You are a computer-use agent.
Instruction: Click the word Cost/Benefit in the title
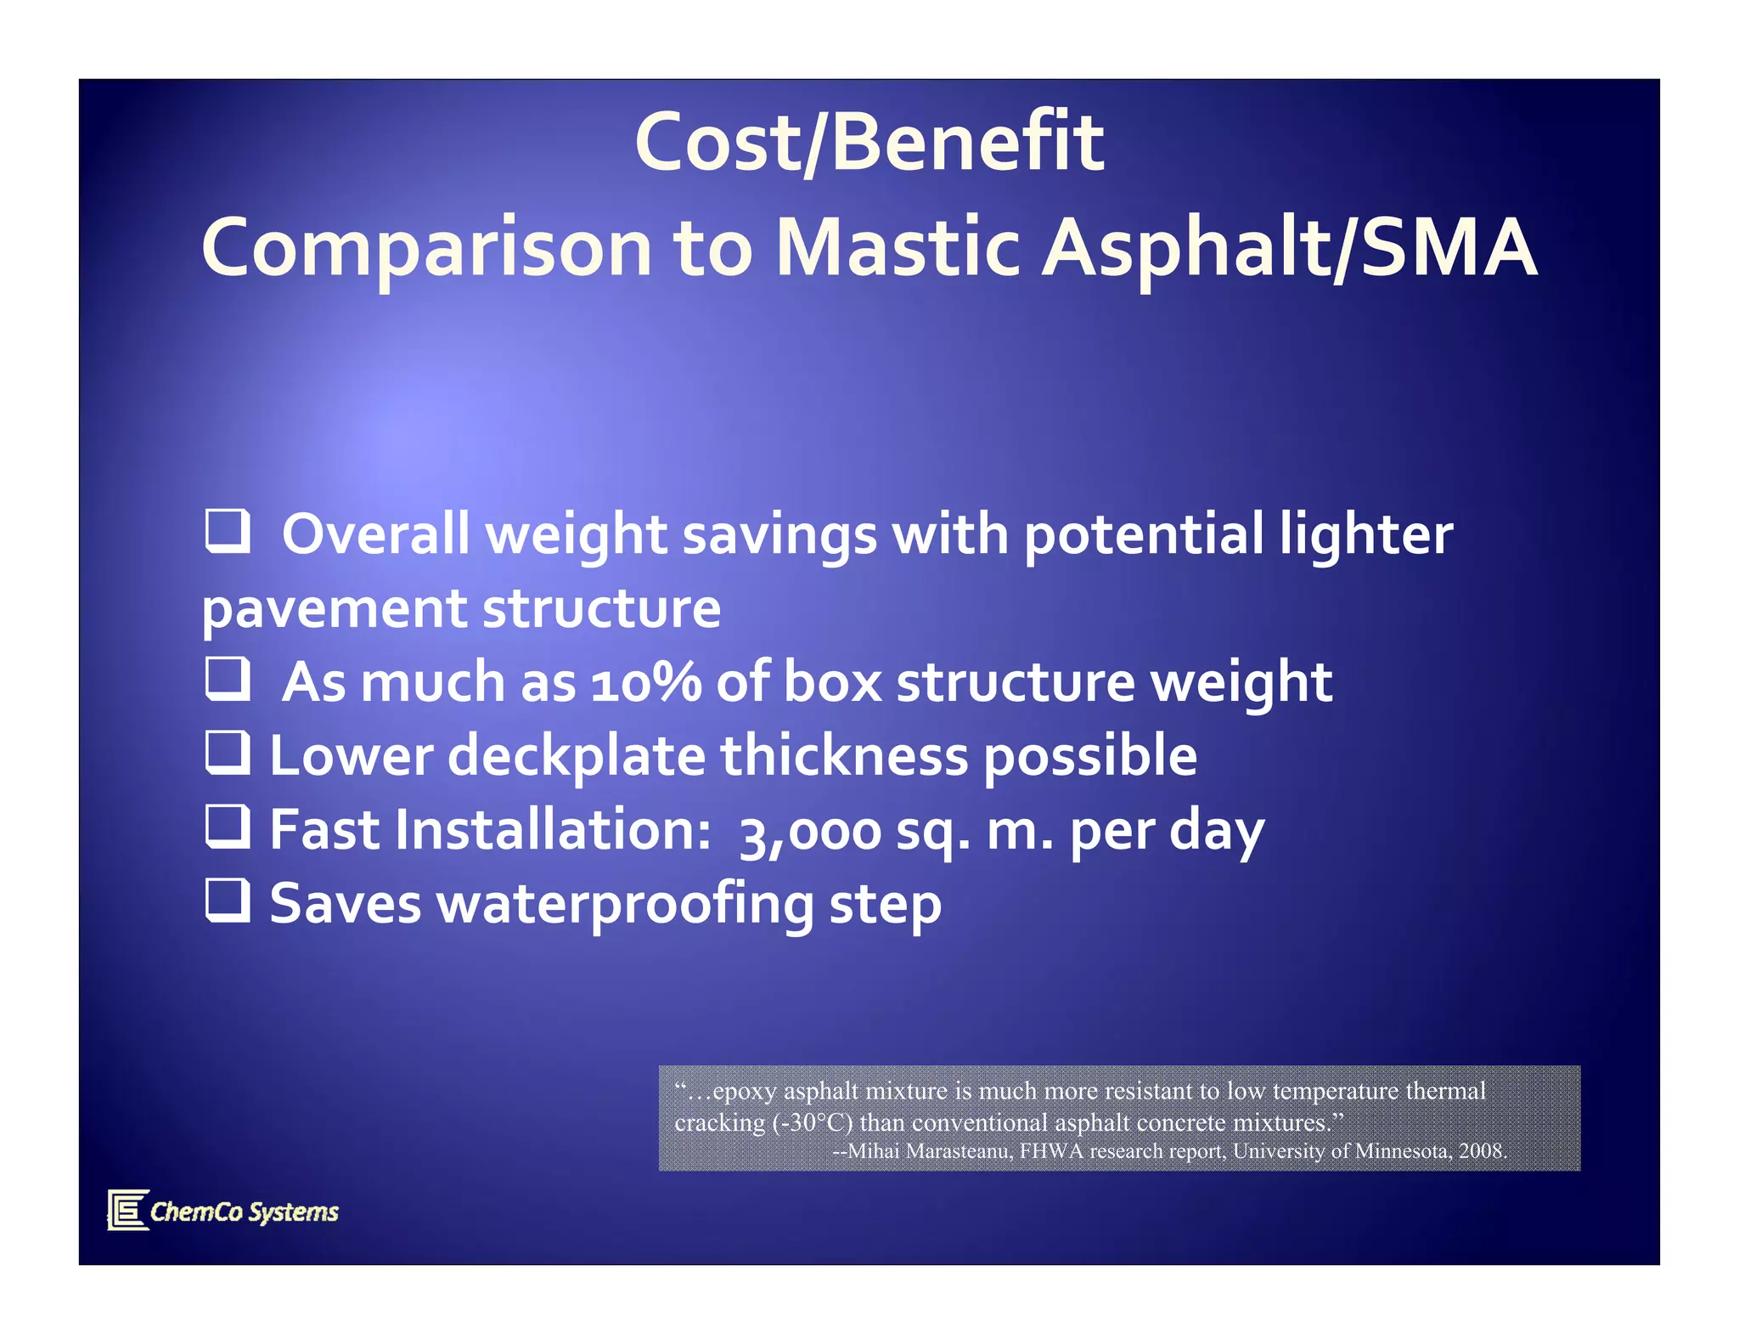pos(869,143)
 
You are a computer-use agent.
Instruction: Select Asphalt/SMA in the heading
pos(1290,248)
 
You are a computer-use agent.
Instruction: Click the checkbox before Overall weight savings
pos(228,531)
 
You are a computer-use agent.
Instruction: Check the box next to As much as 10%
pos(228,678)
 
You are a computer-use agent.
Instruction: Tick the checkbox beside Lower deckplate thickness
pos(228,753)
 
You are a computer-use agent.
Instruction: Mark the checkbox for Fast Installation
pos(228,827)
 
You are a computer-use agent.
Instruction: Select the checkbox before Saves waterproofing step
pos(228,901)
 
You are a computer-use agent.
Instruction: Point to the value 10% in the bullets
pos(646,682)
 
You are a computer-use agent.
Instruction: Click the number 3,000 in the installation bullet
pos(811,831)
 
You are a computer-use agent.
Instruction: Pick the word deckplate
pos(577,756)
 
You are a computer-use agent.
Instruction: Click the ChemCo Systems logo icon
pos(128,1210)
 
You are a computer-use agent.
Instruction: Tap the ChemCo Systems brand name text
pos(245,1211)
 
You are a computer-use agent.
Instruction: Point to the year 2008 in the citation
pos(1481,1151)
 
